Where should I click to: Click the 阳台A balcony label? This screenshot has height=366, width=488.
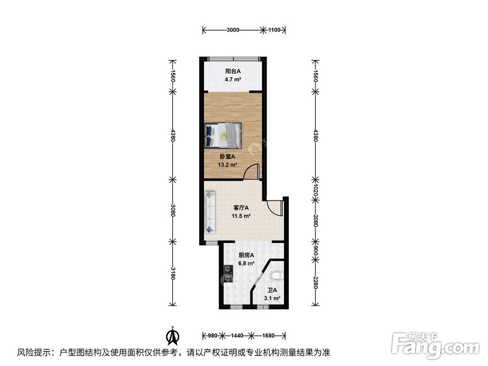pyautogui.click(x=233, y=71)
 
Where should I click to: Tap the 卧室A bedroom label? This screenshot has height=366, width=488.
pyautogui.click(x=227, y=157)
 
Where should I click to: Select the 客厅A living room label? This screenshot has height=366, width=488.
pyautogui.click(x=241, y=207)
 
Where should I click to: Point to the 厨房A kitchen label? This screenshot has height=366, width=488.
pyautogui.click(x=246, y=255)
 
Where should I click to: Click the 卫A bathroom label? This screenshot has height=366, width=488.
pyautogui.click(x=272, y=290)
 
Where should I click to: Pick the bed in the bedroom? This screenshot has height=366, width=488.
pyautogui.click(x=223, y=135)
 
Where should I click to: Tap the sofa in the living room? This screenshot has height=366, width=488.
pyautogui.click(x=210, y=212)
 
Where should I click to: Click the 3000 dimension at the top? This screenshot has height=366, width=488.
pyautogui.click(x=233, y=30)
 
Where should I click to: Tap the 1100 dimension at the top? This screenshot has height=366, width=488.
pyautogui.click(x=274, y=30)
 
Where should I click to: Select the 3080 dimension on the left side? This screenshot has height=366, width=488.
pyautogui.click(x=173, y=210)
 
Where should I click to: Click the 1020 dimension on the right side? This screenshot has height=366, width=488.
pyautogui.click(x=315, y=189)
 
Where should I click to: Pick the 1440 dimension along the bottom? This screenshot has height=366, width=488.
pyautogui.click(x=237, y=336)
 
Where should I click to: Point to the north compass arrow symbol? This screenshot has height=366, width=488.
pyautogui.click(x=173, y=336)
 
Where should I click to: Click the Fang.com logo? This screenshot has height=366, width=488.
pyautogui.click(x=435, y=346)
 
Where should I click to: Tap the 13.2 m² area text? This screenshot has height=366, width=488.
pyautogui.click(x=227, y=164)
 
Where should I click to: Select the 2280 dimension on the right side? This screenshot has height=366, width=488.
pyautogui.click(x=315, y=283)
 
